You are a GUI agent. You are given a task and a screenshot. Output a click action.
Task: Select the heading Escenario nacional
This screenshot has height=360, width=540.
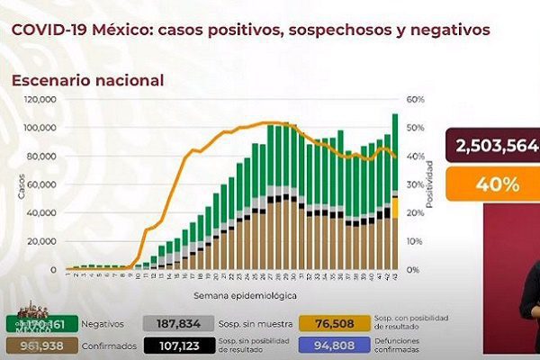pyautogui.click(x=87, y=80)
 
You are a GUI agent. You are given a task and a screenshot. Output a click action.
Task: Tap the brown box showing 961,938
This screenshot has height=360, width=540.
pyautogui.click(x=32, y=346)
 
